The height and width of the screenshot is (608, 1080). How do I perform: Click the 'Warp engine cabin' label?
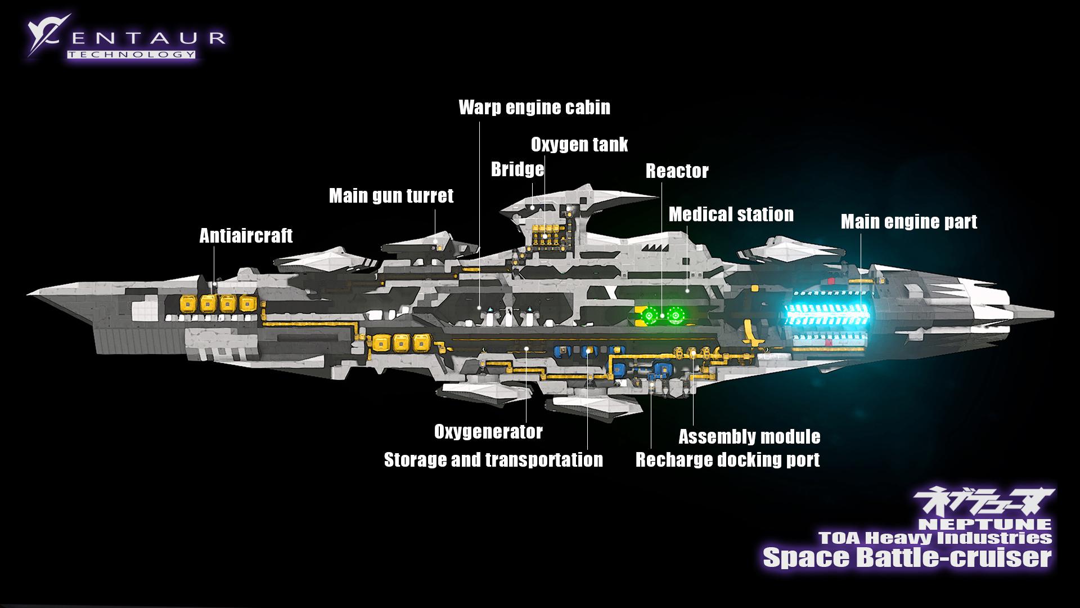click(534, 108)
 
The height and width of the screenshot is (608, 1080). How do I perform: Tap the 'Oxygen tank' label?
click(579, 145)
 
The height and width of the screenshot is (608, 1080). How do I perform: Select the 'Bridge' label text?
click(517, 169)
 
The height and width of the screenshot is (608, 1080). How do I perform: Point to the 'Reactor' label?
click(677, 171)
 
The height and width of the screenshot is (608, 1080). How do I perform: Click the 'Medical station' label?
click(731, 214)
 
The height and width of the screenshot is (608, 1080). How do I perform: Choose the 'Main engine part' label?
click(908, 222)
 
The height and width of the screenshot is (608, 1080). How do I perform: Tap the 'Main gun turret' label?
click(391, 196)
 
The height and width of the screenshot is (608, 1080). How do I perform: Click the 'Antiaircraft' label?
click(246, 236)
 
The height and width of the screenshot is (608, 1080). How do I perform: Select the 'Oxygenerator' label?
click(488, 432)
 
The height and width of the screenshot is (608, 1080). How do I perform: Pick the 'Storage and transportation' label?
click(493, 460)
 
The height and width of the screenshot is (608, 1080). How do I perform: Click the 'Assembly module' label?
click(749, 437)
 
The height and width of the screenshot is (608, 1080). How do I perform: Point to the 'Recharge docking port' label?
click(727, 460)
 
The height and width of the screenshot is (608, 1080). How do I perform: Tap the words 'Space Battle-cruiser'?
click(907, 557)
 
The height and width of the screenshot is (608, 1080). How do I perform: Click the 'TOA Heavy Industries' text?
click(935, 537)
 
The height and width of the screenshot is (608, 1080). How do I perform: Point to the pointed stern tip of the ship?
click(1051, 312)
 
